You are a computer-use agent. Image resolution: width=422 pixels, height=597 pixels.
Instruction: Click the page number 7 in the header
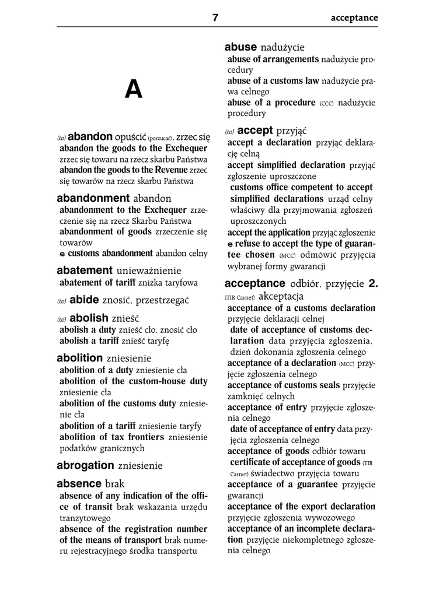tap(215, 17)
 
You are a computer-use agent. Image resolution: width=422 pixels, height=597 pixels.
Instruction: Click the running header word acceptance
tap(354, 18)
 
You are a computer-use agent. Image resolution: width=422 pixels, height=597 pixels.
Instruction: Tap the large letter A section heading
tap(134, 90)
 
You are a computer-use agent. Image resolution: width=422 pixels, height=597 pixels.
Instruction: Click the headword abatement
tap(84, 271)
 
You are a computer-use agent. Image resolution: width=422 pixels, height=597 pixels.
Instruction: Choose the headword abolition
tap(80, 357)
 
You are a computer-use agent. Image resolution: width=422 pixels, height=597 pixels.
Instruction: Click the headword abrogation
tap(85, 465)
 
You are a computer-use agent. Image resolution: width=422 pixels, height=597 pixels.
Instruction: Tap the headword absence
tap(79, 484)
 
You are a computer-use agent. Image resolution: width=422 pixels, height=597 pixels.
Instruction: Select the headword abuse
tap(241, 47)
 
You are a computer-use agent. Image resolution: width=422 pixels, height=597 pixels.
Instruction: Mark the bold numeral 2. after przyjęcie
tap(373, 285)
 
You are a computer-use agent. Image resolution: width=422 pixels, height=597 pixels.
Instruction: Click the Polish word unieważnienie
tap(149, 271)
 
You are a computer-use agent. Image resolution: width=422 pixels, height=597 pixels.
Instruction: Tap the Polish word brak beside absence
tap(115, 484)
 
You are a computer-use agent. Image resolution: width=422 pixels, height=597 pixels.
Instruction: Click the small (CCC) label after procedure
tap(326, 103)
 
